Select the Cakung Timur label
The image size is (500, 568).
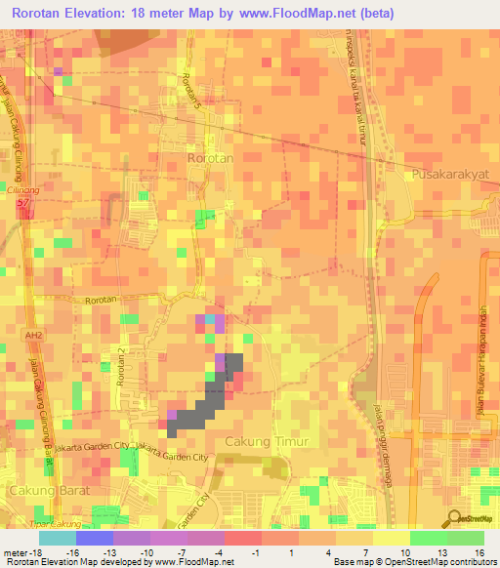(x=267, y=442)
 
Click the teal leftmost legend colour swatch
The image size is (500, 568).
(x=57, y=538)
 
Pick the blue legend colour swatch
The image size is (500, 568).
(x=94, y=538)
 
